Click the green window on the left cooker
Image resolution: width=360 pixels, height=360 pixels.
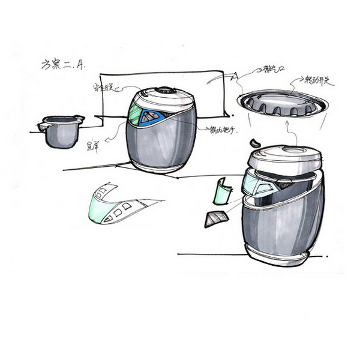pos(135,114)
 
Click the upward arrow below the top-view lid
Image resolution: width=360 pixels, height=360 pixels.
pos(289,130)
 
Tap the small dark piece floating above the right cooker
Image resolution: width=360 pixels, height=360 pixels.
pos(255,143)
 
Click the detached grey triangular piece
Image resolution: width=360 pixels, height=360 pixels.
pos(214,219)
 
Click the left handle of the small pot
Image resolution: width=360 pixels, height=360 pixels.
pos(42,127)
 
